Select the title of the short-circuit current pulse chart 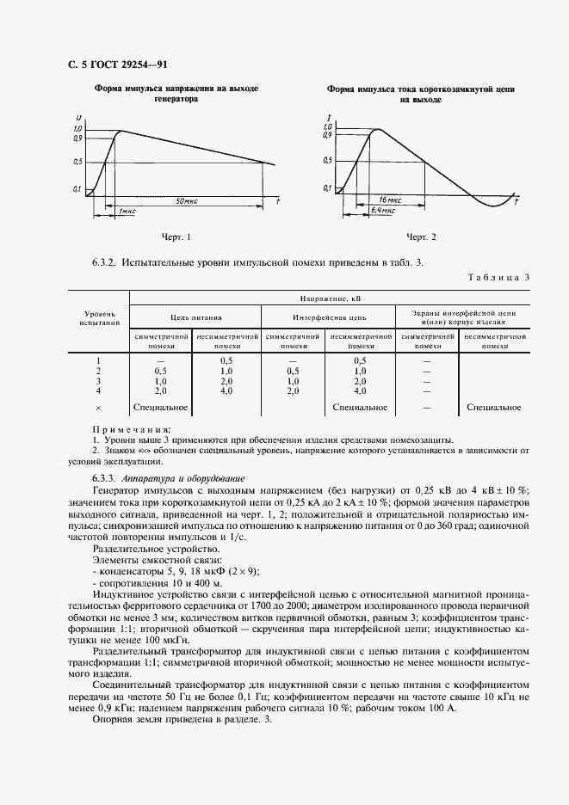click(420, 95)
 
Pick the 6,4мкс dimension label click(383, 209)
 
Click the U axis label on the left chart click(78, 117)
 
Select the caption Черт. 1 click(176, 236)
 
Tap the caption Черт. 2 click(421, 236)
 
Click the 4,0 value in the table click(226, 390)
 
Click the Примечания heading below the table click(131, 428)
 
